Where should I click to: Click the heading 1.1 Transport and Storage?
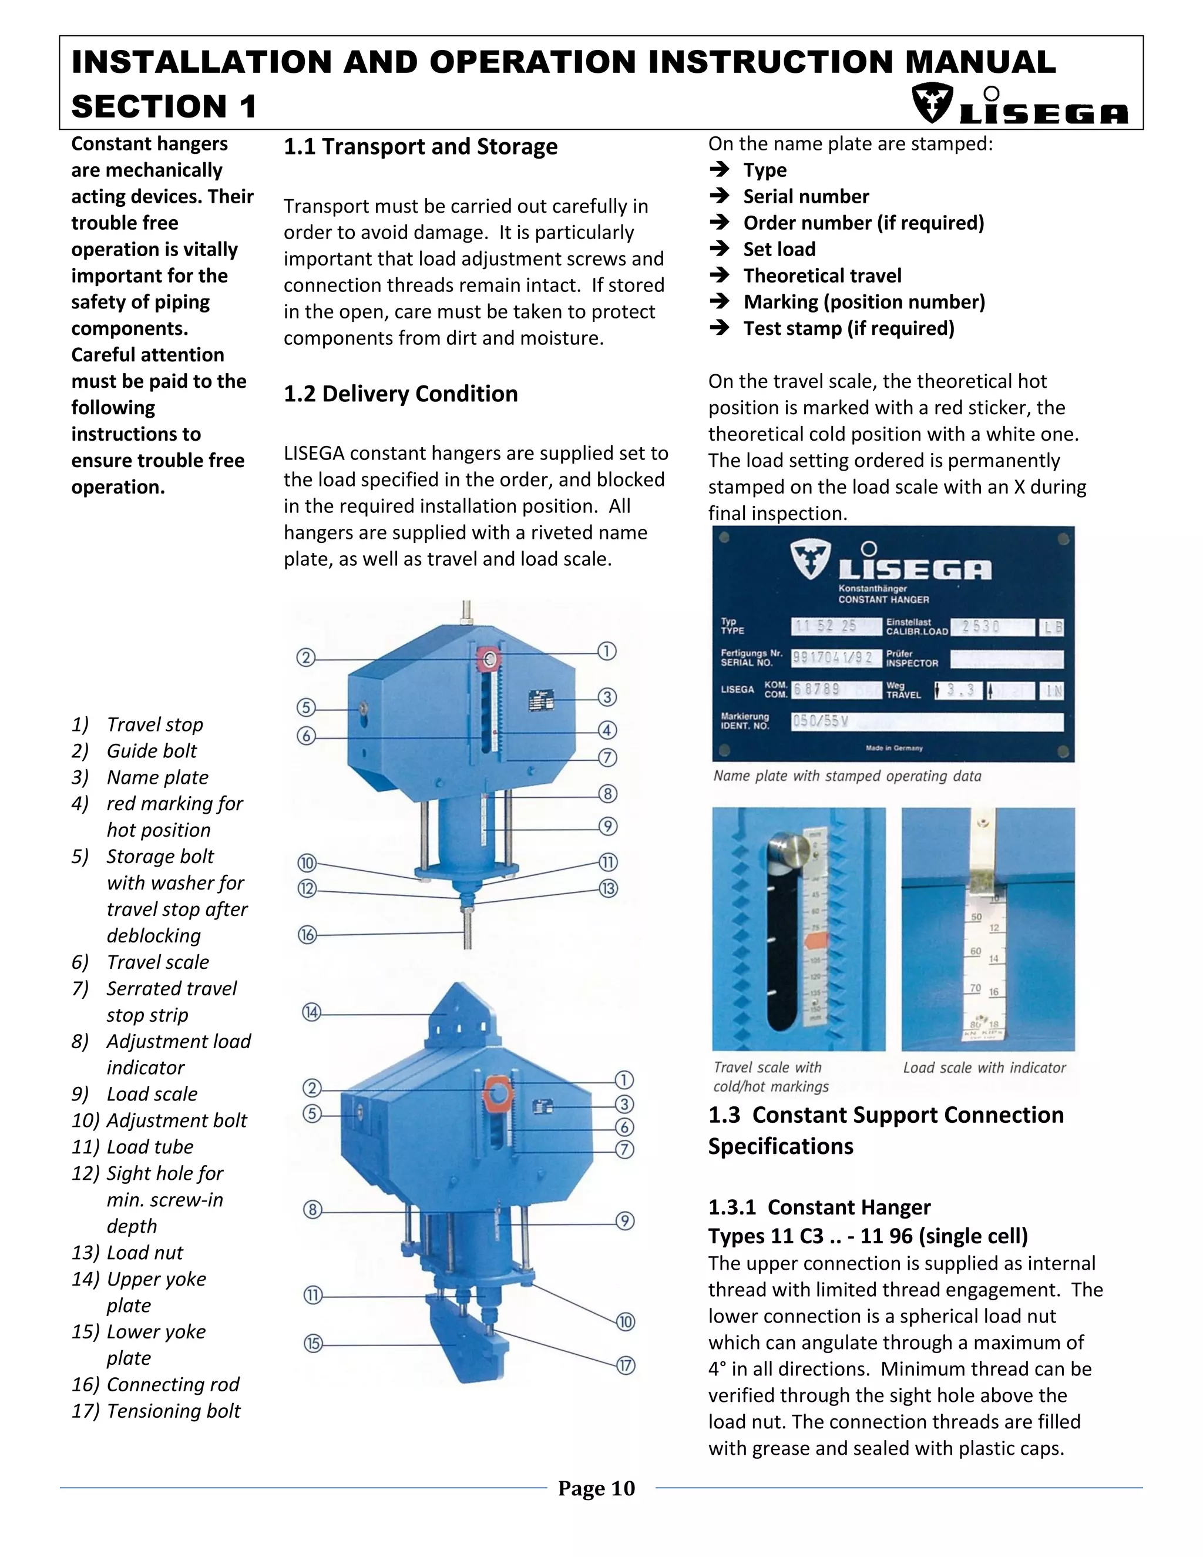pyautogui.click(x=421, y=147)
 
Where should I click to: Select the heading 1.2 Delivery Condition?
pyautogui.click(x=401, y=394)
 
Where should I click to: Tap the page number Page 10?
pyautogui.click(x=597, y=1489)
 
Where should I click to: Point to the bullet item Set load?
pyautogui.click(x=779, y=250)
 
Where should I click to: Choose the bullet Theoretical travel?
pyautogui.click(x=822, y=276)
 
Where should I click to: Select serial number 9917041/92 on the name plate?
pyautogui.click(x=832, y=657)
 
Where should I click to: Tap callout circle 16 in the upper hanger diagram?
pyautogui.click(x=307, y=935)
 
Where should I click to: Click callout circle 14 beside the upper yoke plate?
pyautogui.click(x=311, y=1012)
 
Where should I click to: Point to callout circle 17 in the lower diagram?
pyautogui.click(x=625, y=1366)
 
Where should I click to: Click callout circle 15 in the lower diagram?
pyautogui.click(x=313, y=1344)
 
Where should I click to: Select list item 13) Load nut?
pyautogui.click(x=127, y=1253)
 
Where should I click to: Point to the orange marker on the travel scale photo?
pyautogui.click(x=815, y=942)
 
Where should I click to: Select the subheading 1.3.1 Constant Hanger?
pyautogui.click(x=819, y=1207)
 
